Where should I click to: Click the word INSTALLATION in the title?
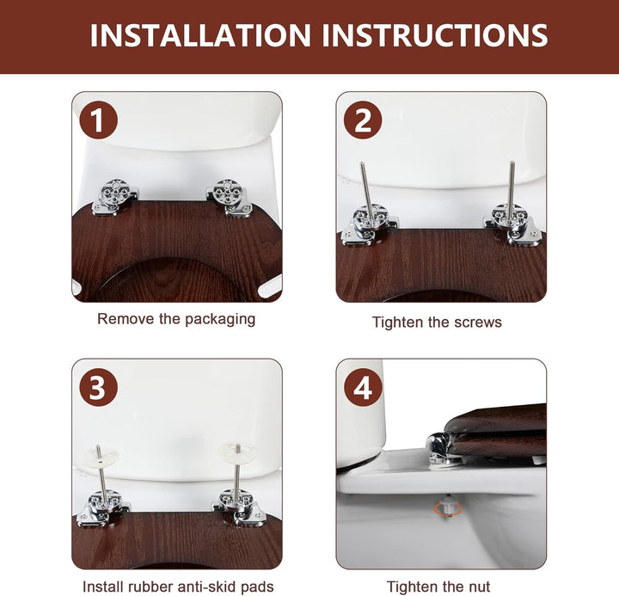[x=200, y=35]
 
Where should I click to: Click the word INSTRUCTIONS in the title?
[x=435, y=35]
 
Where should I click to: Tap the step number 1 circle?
[x=98, y=120]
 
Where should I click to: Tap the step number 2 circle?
[x=363, y=120]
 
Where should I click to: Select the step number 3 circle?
[x=98, y=387]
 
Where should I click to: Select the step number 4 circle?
[x=363, y=387]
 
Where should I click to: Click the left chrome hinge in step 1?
[x=115, y=197]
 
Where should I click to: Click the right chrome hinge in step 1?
[x=229, y=197]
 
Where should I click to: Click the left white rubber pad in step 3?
[x=101, y=457]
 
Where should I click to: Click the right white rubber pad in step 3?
[x=238, y=452]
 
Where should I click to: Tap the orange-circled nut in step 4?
[x=448, y=509]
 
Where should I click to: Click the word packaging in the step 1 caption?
[x=220, y=319]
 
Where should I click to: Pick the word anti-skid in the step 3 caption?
[x=205, y=587]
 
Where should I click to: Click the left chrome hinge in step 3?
[x=103, y=508]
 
